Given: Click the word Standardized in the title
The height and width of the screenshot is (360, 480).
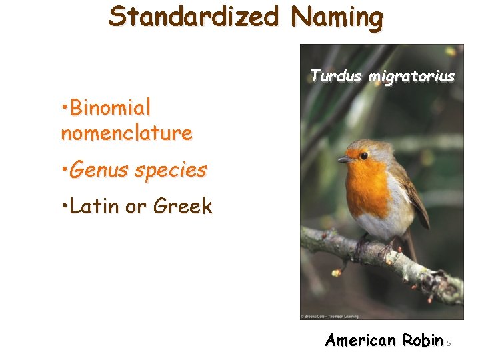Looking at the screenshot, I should [193, 16].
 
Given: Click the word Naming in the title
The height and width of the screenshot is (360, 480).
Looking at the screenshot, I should [337, 16].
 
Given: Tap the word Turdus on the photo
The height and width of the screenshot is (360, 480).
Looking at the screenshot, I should [334, 77].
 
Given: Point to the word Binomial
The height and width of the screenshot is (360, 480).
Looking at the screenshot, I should [110, 107].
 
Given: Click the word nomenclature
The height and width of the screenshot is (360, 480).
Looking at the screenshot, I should [127, 133].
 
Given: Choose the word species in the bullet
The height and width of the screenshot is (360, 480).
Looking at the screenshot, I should [170, 171].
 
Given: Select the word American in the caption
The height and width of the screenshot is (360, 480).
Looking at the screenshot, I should [360, 341].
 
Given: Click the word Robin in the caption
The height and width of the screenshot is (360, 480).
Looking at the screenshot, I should [423, 341].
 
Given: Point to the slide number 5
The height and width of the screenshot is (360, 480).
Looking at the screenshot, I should [449, 343].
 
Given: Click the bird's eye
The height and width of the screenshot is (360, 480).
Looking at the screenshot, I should [364, 155].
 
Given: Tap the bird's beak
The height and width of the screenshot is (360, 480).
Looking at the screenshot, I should [344, 160].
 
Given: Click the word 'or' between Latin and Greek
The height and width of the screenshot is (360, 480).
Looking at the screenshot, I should [135, 207].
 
